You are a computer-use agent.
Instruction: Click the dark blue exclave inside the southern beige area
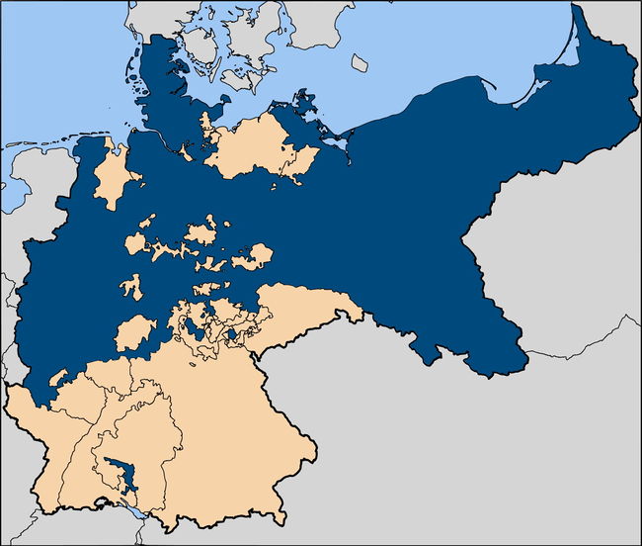click(121, 474)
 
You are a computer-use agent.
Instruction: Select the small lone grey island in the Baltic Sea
click(361, 62)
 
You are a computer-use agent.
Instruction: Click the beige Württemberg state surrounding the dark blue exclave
click(138, 435)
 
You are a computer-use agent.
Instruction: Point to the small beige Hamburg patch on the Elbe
click(184, 151)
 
